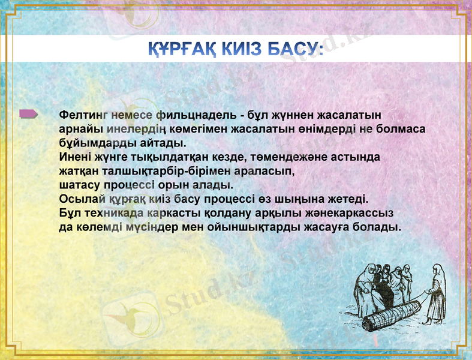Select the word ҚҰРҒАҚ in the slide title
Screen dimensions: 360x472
point(180,49)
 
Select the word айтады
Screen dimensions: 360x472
point(161,143)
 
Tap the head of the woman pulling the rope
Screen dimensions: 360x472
point(438,269)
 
